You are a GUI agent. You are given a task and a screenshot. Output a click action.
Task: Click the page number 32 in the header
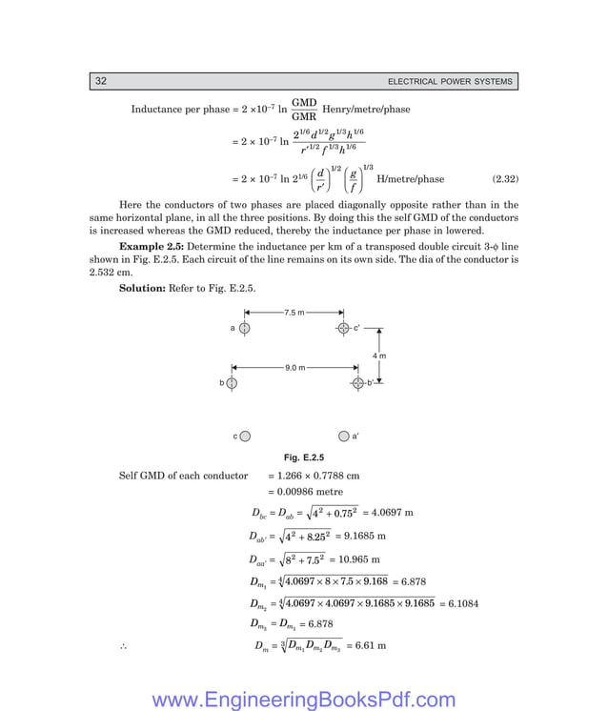pyautogui.click(x=100, y=81)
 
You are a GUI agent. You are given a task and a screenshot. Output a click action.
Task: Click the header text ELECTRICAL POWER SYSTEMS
pyautogui.click(x=451, y=82)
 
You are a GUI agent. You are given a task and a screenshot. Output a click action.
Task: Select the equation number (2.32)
pyautogui.click(x=504, y=178)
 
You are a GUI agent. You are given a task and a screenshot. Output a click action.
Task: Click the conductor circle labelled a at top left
pyautogui.click(x=245, y=328)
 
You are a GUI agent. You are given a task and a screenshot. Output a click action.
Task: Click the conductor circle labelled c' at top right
pyautogui.click(x=343, y=328)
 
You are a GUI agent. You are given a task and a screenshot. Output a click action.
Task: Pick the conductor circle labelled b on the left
pyautogui.click(x=231, y=383)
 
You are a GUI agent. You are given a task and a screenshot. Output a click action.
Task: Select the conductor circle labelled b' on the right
pyautogui.click(x=357, y=383)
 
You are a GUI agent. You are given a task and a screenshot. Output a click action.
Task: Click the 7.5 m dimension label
pyautogui.click(x=294, y=312)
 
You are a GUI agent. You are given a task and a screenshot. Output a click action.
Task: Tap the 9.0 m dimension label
pyautogui.click(x=294, y=367)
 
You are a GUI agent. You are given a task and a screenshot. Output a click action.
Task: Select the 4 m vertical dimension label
pyautogui.click(x=378, y=355)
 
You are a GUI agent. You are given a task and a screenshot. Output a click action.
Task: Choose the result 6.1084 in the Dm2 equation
pyautogui.click(x=462, y=603)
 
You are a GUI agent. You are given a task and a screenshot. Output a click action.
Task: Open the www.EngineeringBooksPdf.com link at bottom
pyautogui.click(x=304, y=701)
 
